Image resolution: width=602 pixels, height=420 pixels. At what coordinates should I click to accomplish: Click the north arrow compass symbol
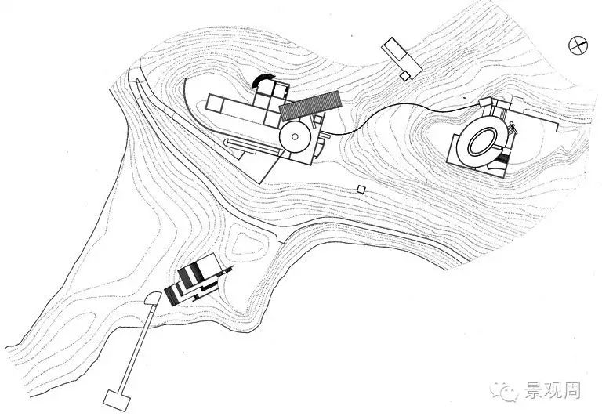click(x=578, y=45)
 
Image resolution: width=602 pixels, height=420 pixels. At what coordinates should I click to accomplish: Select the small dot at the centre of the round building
click(x=296, y=139)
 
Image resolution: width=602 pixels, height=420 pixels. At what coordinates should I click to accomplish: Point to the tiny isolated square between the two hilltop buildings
click(x=361, y=189)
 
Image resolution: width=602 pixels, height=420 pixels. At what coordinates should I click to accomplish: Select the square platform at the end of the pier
click(x=115, y=399)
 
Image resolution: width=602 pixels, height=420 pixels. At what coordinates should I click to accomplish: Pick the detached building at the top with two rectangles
click(x=398, y=57)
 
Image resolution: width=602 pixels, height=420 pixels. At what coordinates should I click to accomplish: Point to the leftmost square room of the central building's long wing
click(x=214, y=102)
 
